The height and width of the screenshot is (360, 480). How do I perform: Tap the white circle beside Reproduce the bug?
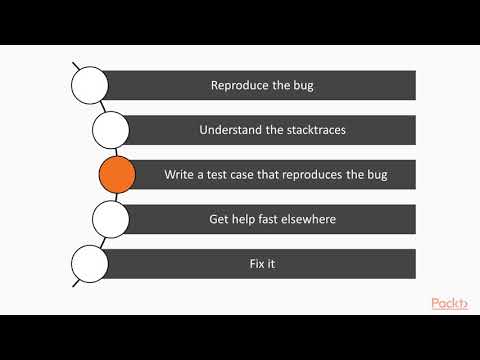pyautogui.click(x=88, y=85)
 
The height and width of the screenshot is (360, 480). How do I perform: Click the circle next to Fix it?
pyautogui.click(x=88, y=264)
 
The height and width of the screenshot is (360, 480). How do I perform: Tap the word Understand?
pyautogui.click(x=229, y=130)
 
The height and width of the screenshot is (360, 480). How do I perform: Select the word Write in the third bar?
pyautogui.click(x=180, y=175)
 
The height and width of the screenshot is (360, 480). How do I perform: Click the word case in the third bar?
pyautogui.click(x=249, y=175)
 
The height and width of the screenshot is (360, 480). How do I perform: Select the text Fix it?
pyautogui.click(x=259, y=264)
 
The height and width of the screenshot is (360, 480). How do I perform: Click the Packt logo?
pyautogui.click(x=450, y=302)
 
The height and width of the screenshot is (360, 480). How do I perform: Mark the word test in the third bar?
pyautogui.click(x=222, y=175)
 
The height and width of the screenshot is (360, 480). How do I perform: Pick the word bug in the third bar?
pyautogui.click(x=375, y=175)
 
